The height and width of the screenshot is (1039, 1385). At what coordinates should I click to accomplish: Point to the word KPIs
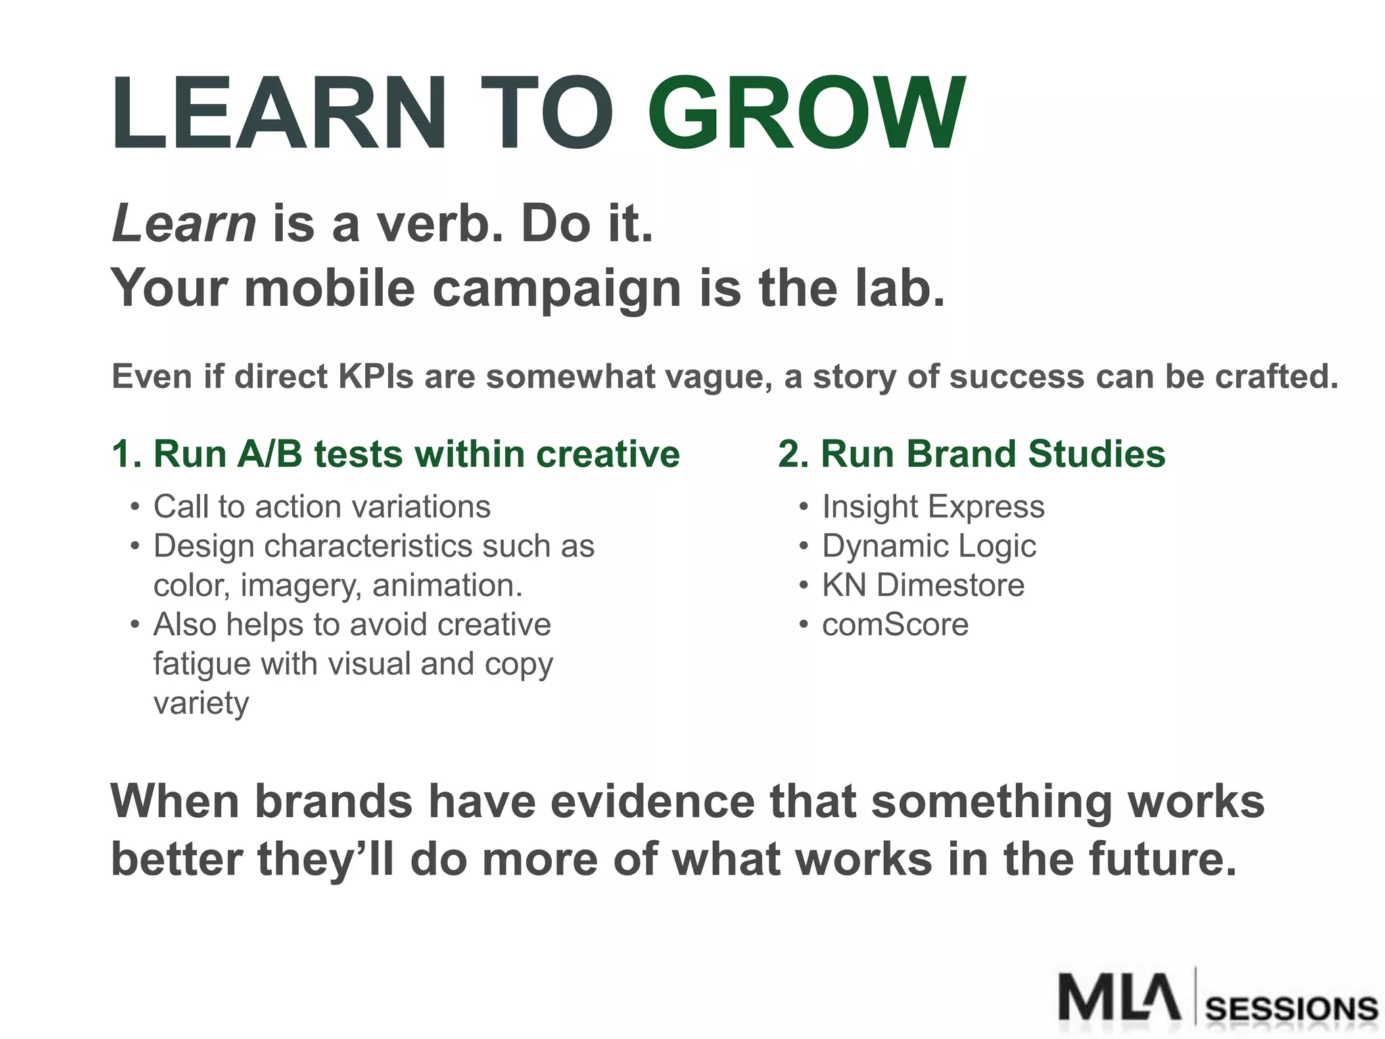(375, 377)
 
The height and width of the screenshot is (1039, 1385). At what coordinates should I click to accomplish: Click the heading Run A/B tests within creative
(396, 454)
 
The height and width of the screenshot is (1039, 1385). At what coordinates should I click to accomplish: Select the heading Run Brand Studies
(972, 454)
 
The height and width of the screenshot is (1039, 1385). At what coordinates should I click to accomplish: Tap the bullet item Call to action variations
(322, 507)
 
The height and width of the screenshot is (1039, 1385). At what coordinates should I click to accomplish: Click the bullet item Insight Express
(933, 507)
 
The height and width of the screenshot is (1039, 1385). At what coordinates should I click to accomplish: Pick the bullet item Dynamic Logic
(929, 546)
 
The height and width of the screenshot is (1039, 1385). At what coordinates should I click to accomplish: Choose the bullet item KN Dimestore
(923, 585)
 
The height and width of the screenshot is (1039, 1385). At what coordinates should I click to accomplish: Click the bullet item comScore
(895, 624)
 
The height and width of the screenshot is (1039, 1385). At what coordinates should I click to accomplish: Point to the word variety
(201, 703)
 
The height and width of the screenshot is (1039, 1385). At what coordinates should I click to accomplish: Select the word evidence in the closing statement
(652, 802)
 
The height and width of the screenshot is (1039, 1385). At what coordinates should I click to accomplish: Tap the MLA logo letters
(1119, 996)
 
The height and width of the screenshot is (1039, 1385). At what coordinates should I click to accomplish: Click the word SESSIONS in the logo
(1292, 1009)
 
